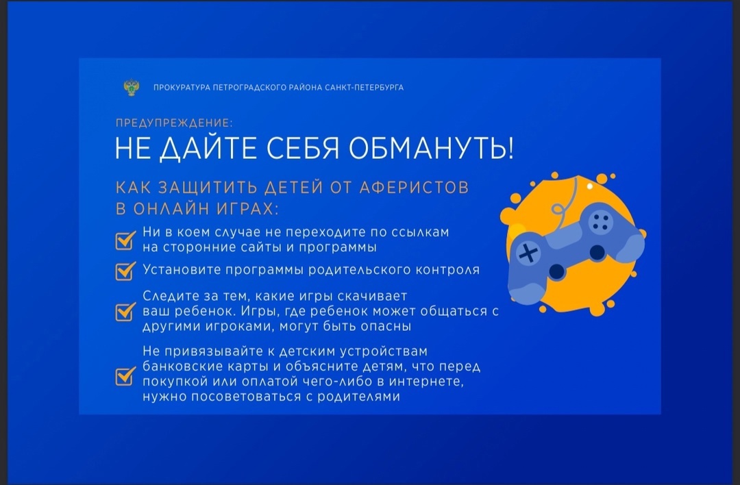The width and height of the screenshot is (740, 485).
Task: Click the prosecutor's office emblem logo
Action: (x=132, y=87)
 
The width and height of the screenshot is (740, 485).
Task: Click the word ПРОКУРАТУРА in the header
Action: (x=182, y=87)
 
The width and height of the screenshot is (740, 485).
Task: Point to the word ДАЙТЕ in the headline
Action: (x=208, y=149)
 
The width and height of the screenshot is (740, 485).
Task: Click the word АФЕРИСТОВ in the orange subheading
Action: (x=414, y=187)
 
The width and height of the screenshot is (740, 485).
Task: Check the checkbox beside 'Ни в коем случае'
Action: (x=125, y=240)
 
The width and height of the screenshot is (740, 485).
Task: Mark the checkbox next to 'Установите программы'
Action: (x=125, y=271)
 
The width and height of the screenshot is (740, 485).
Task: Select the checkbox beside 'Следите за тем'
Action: (x=125, y=312)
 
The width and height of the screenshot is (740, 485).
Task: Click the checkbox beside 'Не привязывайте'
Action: (x=125, y=376)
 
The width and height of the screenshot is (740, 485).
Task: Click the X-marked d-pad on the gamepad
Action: (x=528, y=253)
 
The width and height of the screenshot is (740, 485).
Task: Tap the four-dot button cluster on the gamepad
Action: (x=600, y=222)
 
